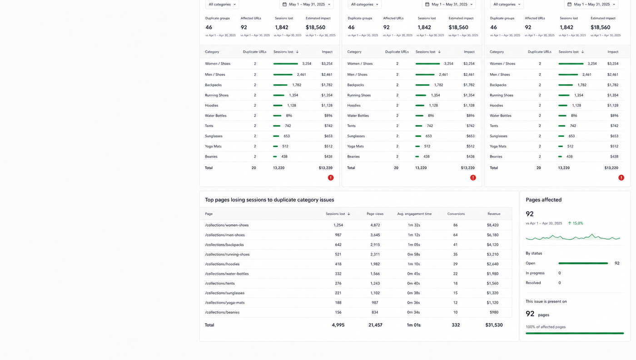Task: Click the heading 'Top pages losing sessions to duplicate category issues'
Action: [x=269, y=200]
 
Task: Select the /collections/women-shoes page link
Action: [x=227, y=225]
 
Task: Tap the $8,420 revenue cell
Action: [x=492, y=225]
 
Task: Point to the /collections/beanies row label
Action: [x=222, y=312]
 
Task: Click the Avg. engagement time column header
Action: [x=414, y=214]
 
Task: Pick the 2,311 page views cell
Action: [x=375, y=254]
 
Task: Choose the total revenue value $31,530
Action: [x=494, y=325]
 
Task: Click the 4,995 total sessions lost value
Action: [x=338, y=325]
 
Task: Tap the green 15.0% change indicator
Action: [x=576, y=223]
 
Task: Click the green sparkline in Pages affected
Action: [x=573, y=237]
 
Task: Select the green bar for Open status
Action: [x=583, y=263]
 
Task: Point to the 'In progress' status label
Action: [x=535, y=273]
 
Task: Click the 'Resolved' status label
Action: [x=533, y=283]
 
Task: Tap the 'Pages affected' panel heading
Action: [x=543, y=200]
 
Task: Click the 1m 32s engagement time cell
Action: [x=414, y=225]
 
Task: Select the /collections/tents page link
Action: [x=220, y=283]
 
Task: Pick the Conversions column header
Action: [x=456, y=214]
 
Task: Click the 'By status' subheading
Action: [x=534, y=253]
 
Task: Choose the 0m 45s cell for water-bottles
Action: [x=413, y=274]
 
